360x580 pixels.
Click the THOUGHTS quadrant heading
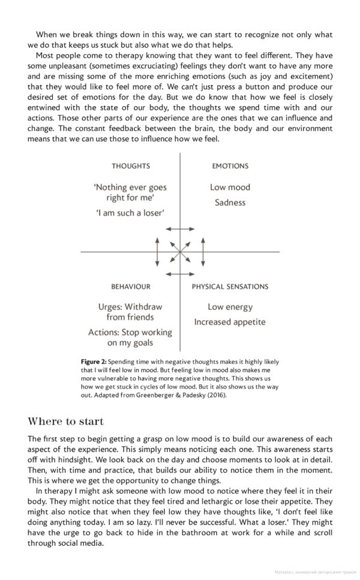pyautogui.click(x=130, y=166)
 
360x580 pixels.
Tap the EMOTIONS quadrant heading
pyautogui.click(x=230, y=166)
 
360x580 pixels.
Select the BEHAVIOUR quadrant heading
pyautogui.click(x=130, y=286)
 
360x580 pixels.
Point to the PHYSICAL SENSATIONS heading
pyautogui.click(x=230, y=286)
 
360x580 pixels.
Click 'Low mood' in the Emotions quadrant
pyautogui.click(x=230, y=187)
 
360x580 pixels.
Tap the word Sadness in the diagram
pyautogui.click(x=230, y=202)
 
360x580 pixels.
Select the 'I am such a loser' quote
pyautogui.click(x=130, y=213)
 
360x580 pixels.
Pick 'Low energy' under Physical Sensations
pyautogui.click(x=230, y=307)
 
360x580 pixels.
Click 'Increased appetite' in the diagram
pyautogui.click(x=229, y=322)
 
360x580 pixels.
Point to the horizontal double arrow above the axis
pyautogui.click(x=180, y=229)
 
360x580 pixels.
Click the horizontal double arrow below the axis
pyautogui.click(x=180, y=274)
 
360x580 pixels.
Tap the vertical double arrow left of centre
pyautogui.click(x=157, y=252)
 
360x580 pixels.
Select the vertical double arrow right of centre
pyautogui.click(x=203, y=252)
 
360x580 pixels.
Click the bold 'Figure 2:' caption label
pyautogui.click(x=94, y=362)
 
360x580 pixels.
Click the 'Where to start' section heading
pyautogui.click(x=65, y=421)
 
